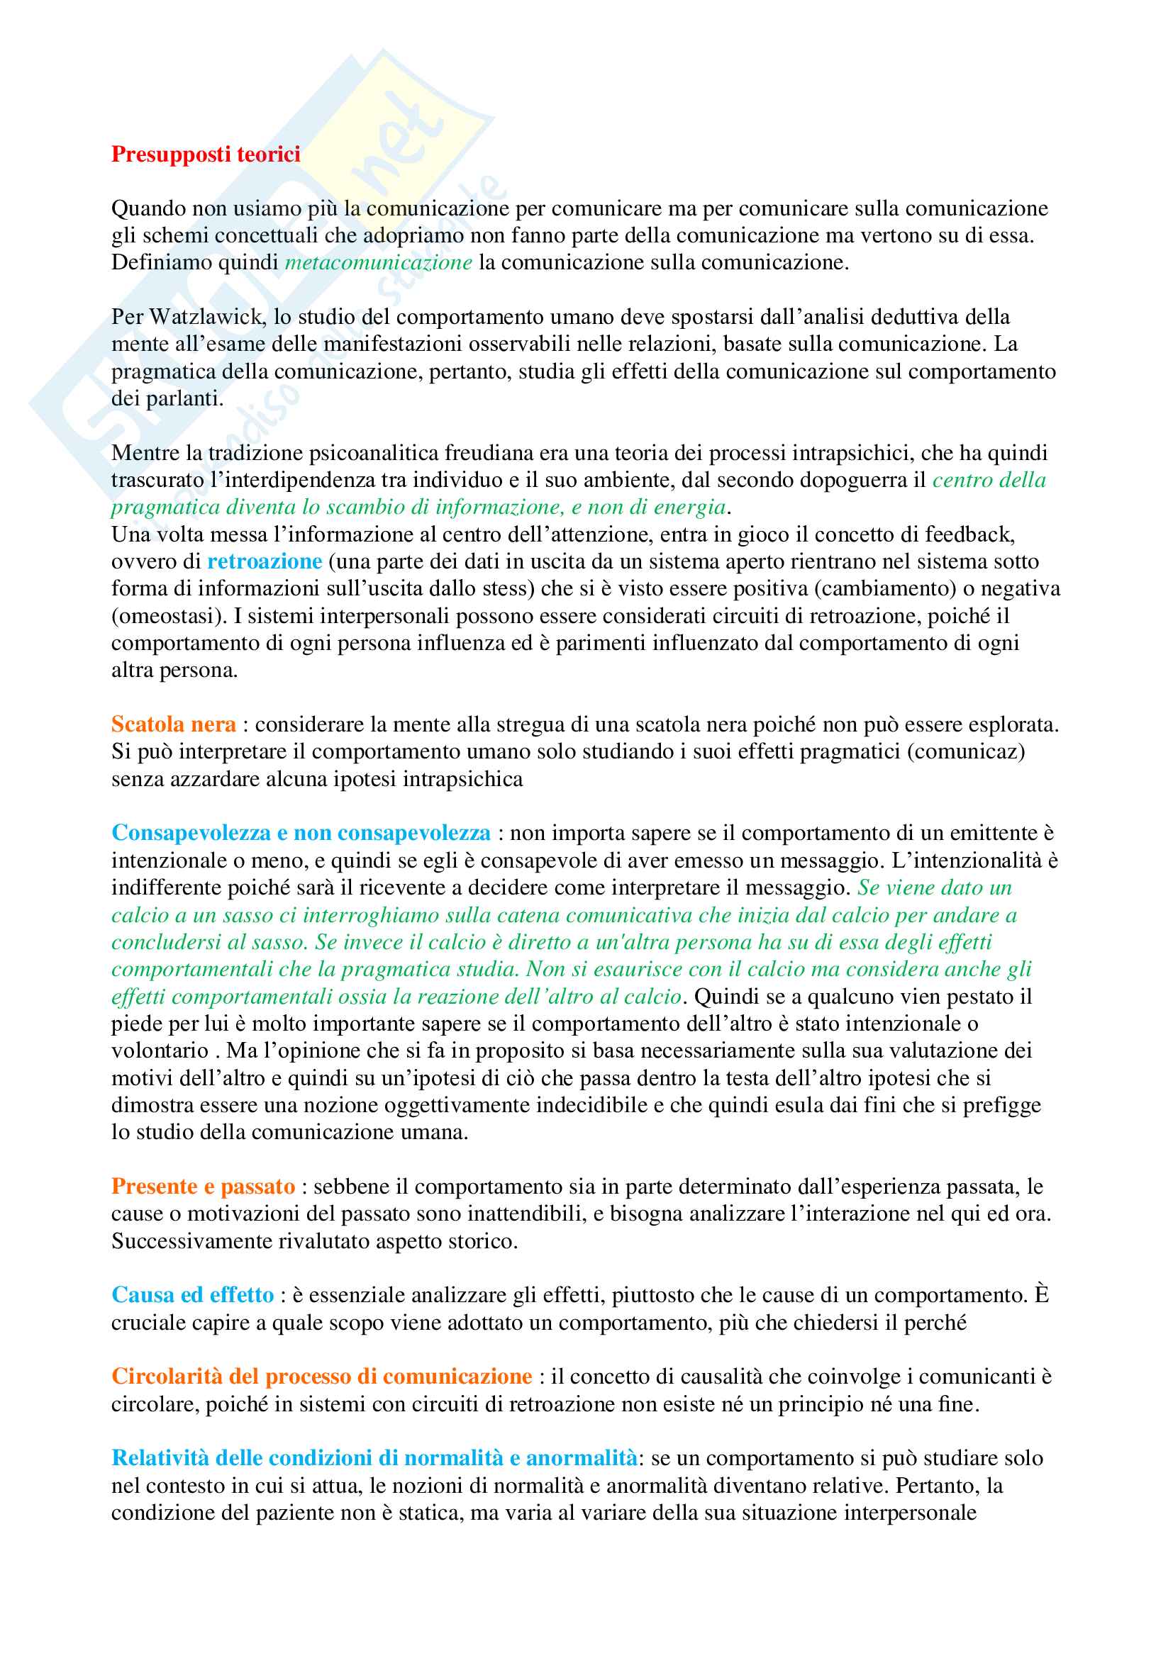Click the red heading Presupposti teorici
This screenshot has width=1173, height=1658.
pos(206,155)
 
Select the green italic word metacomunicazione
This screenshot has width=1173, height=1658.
pos(379,262)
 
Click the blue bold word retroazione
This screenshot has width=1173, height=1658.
pos(265,562)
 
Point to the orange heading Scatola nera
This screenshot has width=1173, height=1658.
pos(173,724)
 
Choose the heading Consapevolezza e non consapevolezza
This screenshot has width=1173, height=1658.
pos(301,834)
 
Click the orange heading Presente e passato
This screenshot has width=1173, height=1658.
pos(203,1187)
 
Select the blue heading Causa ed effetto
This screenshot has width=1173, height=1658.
pos(193,1295)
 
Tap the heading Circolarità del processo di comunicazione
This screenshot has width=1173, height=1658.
pos(321,1377)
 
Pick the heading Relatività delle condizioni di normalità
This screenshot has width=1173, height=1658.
pos(374,1458)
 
